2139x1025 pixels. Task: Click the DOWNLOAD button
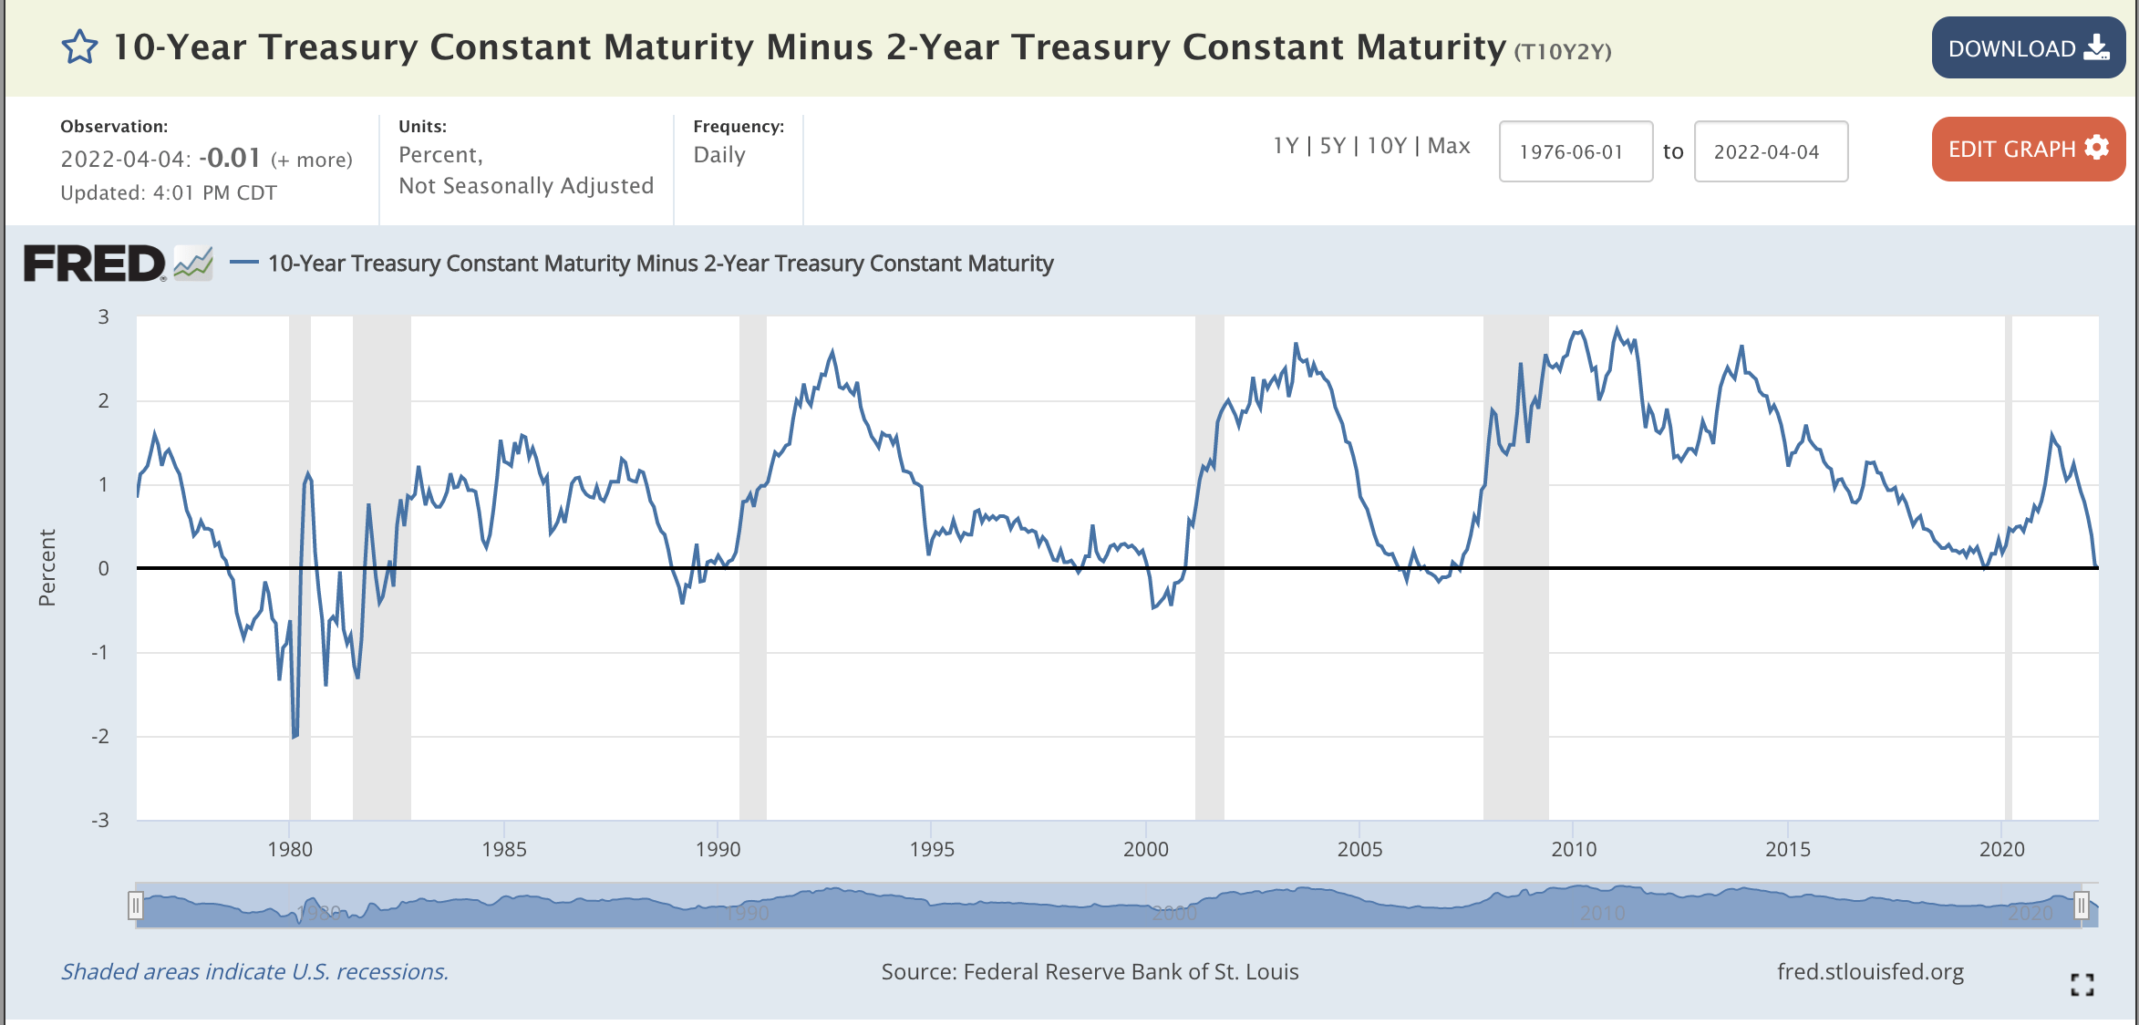coord(2027,48)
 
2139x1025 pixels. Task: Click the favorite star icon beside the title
coord(79,47)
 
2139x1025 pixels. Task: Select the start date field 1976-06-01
coord(1575,151)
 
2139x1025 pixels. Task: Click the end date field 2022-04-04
coord(1770,151)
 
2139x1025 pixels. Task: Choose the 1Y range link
coord(1286,146)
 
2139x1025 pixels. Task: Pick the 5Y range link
coord(1332,146)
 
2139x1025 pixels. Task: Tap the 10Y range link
coord(1386,146)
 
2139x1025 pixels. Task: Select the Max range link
coord(1449,146)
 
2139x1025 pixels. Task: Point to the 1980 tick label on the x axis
coord(290,849)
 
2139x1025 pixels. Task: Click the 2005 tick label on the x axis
coord(1359,849)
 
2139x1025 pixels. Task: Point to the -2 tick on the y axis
coord(100,736)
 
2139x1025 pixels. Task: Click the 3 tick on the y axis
coord(104,316)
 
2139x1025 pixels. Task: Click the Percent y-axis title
coord(47,567)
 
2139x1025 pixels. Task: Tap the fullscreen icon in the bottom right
coord(2082,984)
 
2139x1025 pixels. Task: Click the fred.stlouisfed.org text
coord(1870,972)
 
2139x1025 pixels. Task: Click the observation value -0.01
coord(230,158)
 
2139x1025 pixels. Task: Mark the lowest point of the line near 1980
coord(294,737)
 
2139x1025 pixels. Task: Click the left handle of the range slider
coord(136,906)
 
